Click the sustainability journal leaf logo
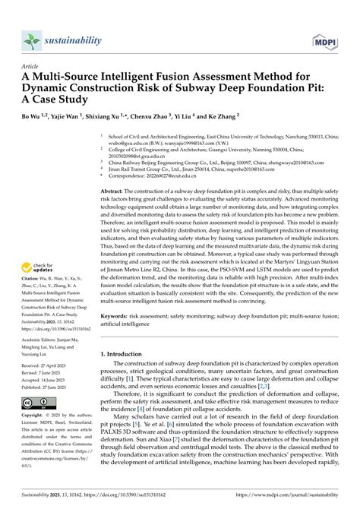tap(30, 39)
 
